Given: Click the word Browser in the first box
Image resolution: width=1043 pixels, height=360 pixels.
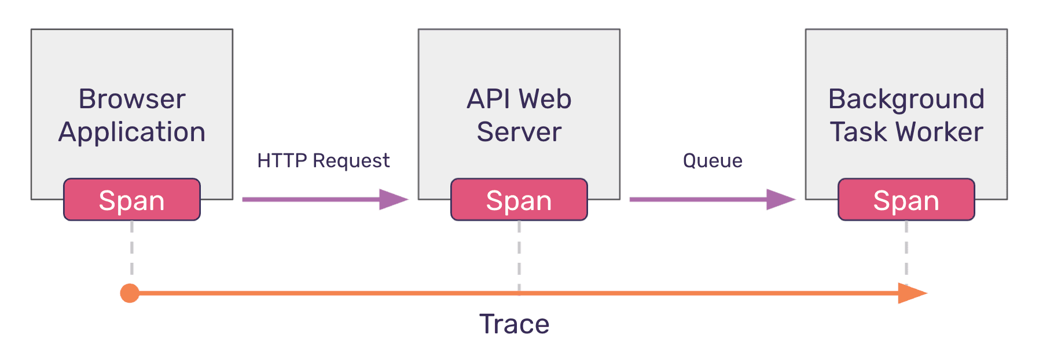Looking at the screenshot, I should click(x=132, y=99).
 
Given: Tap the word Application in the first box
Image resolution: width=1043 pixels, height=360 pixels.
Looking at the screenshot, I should click(x=132, y=133).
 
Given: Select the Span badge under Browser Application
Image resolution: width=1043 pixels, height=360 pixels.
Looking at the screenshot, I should click(x=132, y=200).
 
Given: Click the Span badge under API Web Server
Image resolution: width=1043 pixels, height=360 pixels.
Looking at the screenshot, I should click(x=519, y=200).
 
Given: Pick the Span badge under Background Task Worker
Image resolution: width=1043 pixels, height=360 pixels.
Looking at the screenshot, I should click(x=906, y=200).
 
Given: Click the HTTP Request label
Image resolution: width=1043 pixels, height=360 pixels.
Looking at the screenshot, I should click(x=323, y=160).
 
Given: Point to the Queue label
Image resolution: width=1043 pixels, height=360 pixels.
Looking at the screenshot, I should click(x=713, y=160).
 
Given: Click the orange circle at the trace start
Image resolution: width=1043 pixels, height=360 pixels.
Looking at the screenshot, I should click(x=130, y=293).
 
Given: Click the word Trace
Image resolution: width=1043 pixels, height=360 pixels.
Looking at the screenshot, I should click(x=514, y=324).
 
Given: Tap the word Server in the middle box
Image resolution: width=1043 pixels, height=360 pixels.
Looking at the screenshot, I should click(x=519, y=133).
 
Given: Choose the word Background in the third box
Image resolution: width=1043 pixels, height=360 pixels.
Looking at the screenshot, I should click(x=906, y=99).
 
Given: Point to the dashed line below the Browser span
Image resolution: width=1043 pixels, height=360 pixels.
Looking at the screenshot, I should click(x=132, y=249).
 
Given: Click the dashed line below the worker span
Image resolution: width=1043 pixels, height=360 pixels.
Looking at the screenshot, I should click(x=906, y=249).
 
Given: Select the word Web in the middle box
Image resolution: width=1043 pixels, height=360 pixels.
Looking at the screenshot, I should click(x=545, y=99).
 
